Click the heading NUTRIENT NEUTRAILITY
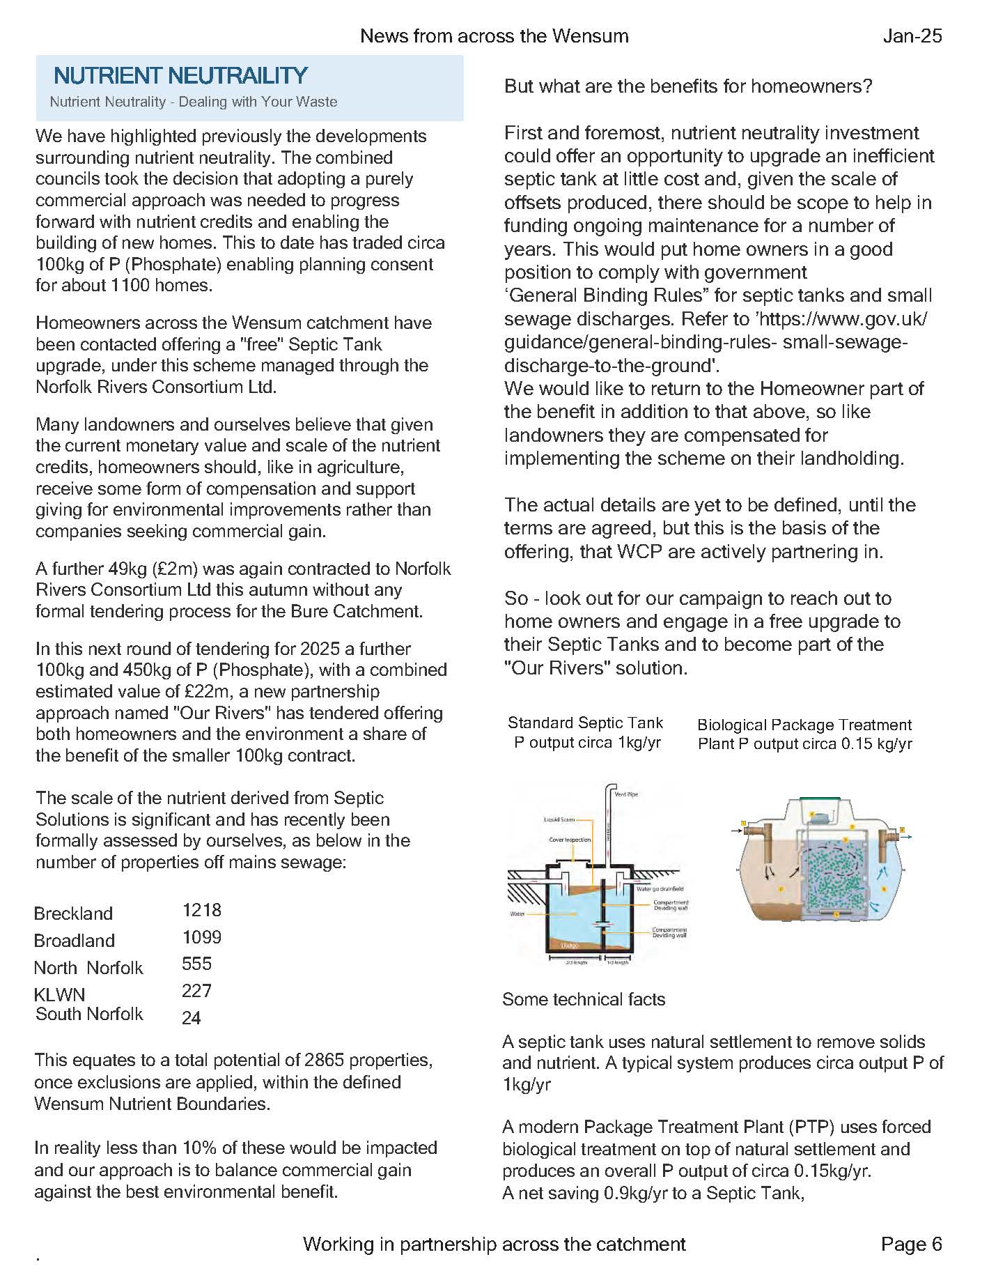[180, 75]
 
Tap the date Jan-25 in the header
[912, 36]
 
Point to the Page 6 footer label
[911, 1244]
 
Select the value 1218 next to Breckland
[202, 910]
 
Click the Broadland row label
[75, 941]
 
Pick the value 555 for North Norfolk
[196, 964]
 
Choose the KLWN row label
[59, 994]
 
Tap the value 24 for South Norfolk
[191, 1018]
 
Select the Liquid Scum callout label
[559, 819]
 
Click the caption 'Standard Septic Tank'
[585, 723]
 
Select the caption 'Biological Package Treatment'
[804, 725]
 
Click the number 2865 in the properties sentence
[324, 1060]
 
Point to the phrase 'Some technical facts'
[584, 999]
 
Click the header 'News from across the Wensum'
[494, 36]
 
